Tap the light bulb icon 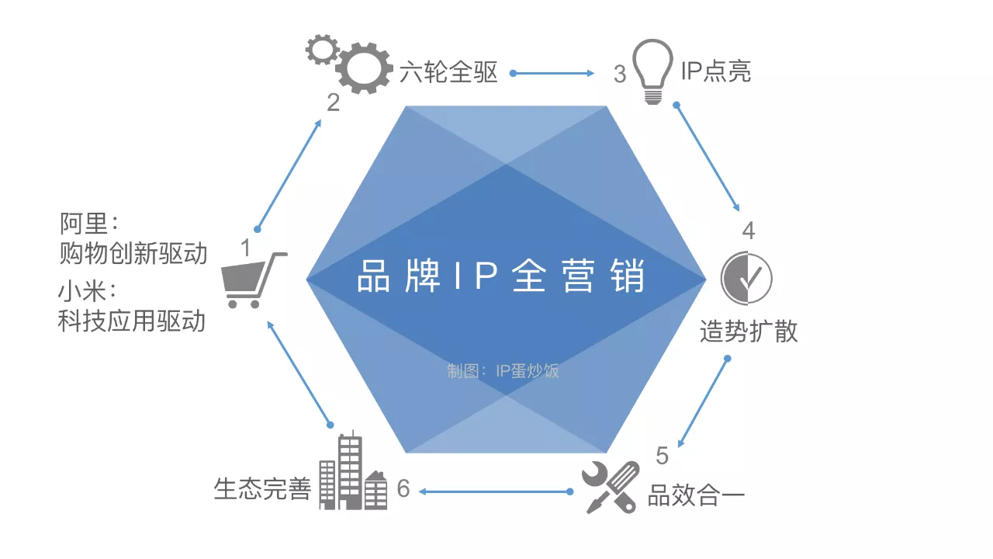point(652,71)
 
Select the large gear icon point(364,68)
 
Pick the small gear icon point(322,49)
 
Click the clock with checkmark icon point(746,278)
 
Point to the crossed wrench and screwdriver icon point(611,487)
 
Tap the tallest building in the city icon point(350,471)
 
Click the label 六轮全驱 point(448,72)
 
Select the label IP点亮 point(716,71)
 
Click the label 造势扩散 point(749,331)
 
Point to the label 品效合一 point(696,495)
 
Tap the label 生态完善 point(262,489)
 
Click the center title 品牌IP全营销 point(501,276)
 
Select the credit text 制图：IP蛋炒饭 point(503,371)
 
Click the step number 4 point(749,231)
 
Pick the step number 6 point(403,488)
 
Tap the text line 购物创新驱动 point(133,253)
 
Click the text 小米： point(88,291)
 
